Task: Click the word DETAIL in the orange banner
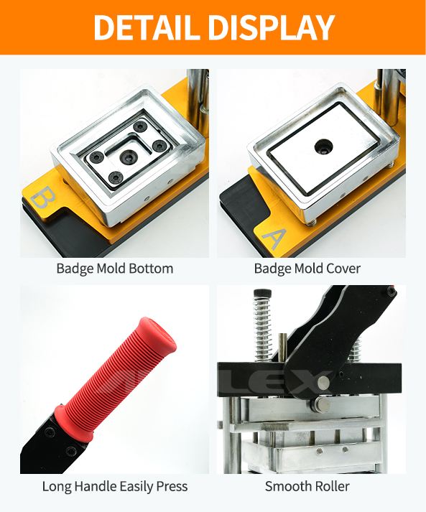click(x=147, y=27)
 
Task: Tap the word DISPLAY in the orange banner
click(x=272, y=27)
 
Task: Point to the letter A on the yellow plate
click(x=274, y=238)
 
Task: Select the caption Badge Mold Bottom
click(x=115, y=269)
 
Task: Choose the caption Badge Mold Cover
click(x=307, y=269)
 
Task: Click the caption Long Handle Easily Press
click(x=115, y=487)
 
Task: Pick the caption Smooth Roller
click(x=307, y=486)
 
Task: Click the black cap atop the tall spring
click(x=263, y=293)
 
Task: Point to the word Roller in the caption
click(x=330, y=486)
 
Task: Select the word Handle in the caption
click(x=94, y=486)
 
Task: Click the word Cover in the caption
click(x=343, y=269)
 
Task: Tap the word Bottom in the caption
click(x=151, y=269)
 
